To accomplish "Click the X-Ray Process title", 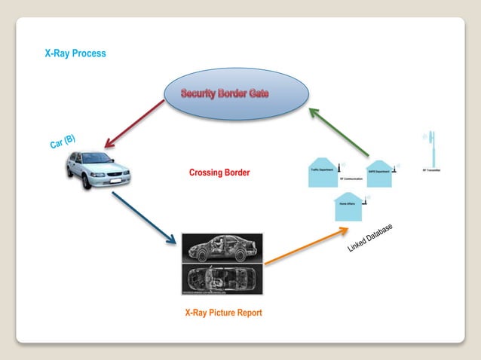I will coord(75,53).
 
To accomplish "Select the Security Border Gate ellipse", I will coord(235,93).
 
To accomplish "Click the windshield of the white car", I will coord(94,159).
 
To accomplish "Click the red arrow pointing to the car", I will coord(134,124).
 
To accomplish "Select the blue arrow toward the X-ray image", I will coord(143,217).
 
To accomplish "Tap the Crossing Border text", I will coord(219,173).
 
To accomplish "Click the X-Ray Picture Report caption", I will coord(223,313).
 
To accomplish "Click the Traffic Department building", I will coord(323,171).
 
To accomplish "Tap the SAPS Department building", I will coord(378,172).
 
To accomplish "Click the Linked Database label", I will coord(370,238).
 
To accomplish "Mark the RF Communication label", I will coord(351,179).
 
